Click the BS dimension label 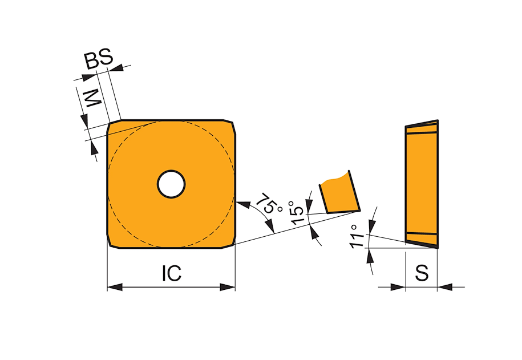[x=99, y=59]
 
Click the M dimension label [x=93, y=98]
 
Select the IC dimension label [x=172, y=273]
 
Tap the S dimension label [x=422, y=273]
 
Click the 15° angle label [x=297, y=213]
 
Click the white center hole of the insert [x=171, y=184]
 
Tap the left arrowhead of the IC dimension [x=115, y=287]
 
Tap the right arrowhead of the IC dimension [x=228, y=287]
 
